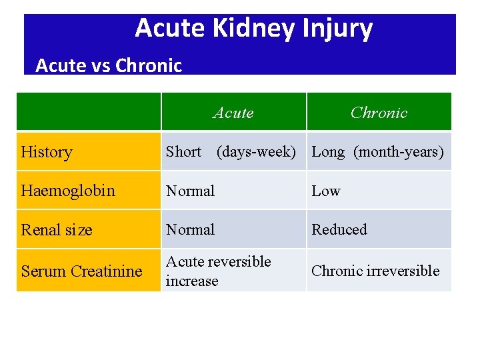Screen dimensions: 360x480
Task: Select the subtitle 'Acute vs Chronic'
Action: (109, 65)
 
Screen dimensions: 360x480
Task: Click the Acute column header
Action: (233, 113)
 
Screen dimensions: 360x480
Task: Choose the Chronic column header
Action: (379, 113)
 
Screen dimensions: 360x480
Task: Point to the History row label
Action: (47, 152)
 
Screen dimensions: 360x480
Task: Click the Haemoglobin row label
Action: (68, 191)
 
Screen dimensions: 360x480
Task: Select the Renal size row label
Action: (57, 230)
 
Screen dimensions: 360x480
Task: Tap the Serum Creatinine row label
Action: (81, 271)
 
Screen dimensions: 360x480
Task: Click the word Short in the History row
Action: (183, 151)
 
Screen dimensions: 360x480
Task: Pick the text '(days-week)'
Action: (256, 151)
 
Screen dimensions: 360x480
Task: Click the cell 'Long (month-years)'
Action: (377, 151)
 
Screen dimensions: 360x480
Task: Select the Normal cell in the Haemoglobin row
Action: (191, 191)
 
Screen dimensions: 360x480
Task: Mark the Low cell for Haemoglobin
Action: (326, 191)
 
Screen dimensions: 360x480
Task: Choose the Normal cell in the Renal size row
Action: (191, 229)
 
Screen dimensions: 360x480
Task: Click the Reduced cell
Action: (339, 229)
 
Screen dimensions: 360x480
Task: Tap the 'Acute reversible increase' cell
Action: (219, 271)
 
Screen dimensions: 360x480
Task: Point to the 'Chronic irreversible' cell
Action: (375, 271)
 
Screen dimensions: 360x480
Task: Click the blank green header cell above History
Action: (89, 112)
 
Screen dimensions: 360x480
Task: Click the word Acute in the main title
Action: (170, 29)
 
